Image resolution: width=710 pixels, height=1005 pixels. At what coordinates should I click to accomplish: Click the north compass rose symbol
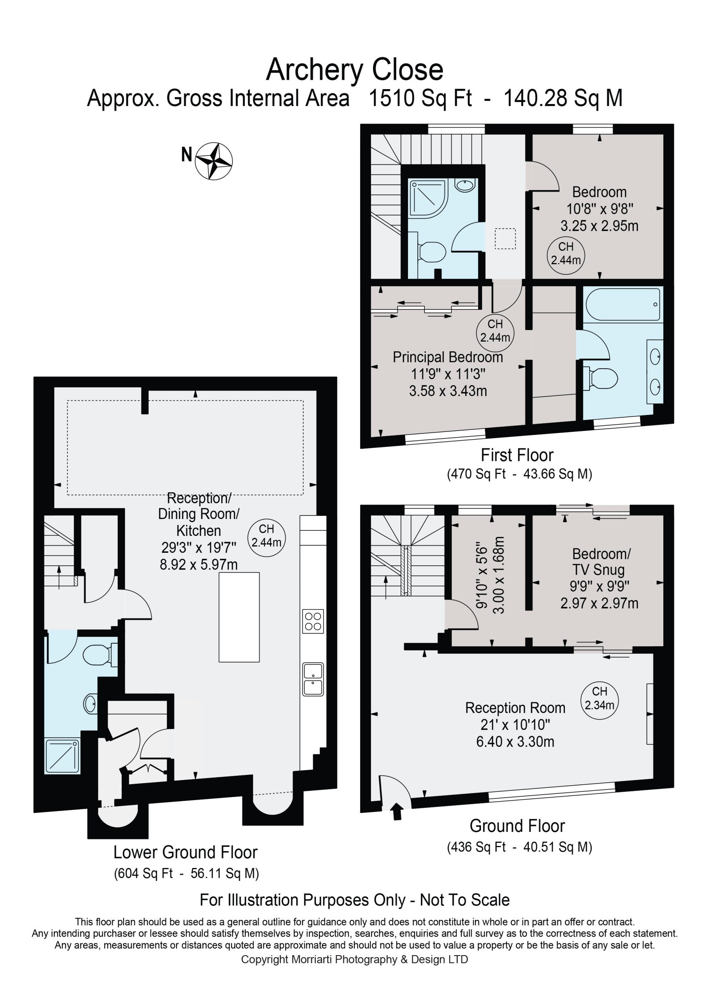point(213,161)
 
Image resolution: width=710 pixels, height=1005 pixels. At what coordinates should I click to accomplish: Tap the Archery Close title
point(355,70)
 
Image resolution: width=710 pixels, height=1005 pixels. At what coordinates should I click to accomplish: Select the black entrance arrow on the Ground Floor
point(397,810)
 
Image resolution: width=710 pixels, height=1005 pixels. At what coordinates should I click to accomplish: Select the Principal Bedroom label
point(448,357)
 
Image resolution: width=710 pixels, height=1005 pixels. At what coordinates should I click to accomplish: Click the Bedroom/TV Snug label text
point(601,562)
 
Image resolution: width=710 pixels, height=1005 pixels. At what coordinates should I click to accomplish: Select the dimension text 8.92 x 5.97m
point(198,565)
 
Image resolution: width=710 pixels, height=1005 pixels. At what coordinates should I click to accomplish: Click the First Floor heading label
point(517,455)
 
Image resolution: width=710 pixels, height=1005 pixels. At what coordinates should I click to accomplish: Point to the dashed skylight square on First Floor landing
point(505,239)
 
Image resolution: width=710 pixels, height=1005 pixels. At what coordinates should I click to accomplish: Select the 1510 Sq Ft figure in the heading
point(421,98)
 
